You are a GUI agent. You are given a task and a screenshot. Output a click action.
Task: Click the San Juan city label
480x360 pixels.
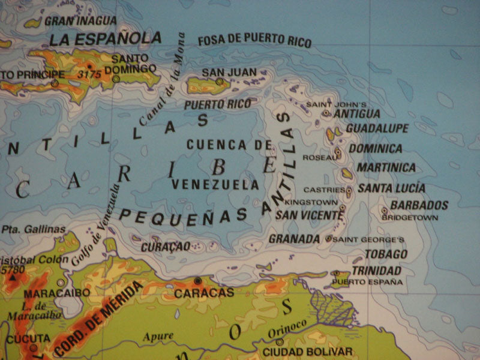tap(228, 72)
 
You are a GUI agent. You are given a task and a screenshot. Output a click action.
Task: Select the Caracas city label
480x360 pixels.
tap(203, 293)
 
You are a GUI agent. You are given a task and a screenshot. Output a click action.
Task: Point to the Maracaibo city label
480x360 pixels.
tap(58, 293)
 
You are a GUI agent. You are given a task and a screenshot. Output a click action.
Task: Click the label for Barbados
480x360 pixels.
tap(419, 205)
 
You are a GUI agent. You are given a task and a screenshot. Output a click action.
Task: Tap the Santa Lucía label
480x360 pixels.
tap(391, 188)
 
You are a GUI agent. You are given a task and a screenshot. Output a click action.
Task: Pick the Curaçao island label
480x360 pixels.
tap(166, 247)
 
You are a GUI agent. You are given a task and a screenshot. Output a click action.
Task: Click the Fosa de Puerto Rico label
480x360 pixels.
tap(254, 41)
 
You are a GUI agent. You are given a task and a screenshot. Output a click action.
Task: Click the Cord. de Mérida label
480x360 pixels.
tap(99, 319)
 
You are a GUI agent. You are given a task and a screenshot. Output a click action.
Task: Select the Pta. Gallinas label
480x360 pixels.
tap(33, 229)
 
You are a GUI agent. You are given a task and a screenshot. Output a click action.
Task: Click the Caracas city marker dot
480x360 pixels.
tap(198, 281)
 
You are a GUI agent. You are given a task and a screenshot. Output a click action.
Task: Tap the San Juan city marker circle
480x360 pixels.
tap(220, 82)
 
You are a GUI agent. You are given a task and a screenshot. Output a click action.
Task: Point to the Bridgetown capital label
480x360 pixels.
tap(410, 217)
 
